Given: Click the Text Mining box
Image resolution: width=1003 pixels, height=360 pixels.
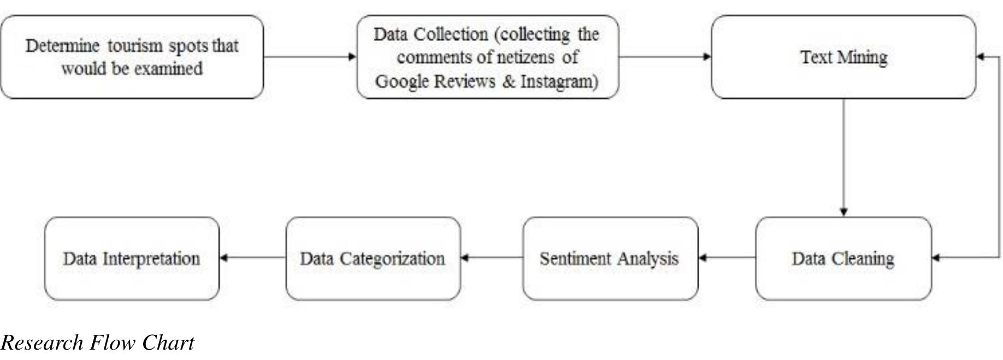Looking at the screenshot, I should click(843, 57).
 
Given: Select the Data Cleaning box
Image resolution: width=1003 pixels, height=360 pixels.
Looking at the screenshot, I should click(843, 258).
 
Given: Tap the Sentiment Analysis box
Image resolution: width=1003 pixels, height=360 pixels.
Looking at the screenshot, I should click(610, 258).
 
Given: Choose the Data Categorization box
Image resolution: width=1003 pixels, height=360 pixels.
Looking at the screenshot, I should click(373, 258).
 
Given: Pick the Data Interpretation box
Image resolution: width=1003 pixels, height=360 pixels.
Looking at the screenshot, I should click(132, 258).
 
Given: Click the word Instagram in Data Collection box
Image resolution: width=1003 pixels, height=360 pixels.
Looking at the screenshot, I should click(558, 81).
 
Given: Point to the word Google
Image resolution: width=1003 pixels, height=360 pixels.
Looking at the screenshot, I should click(402, 81).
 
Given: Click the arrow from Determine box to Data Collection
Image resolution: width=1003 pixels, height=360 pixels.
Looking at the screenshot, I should click(310, 56).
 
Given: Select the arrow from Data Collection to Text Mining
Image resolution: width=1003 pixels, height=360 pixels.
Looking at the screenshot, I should click(665, 56).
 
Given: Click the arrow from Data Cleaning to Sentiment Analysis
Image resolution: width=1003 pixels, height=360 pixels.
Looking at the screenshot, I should click(727, 258).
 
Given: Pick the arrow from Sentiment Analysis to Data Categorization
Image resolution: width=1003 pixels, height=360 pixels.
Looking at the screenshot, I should click(492, 258).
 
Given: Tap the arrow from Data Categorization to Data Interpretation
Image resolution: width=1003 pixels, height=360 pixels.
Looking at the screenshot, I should click(252, 258).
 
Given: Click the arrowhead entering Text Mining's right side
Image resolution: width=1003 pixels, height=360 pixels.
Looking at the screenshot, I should click(980, 56).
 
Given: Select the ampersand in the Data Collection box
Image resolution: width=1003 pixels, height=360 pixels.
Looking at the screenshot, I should click(509, 81).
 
